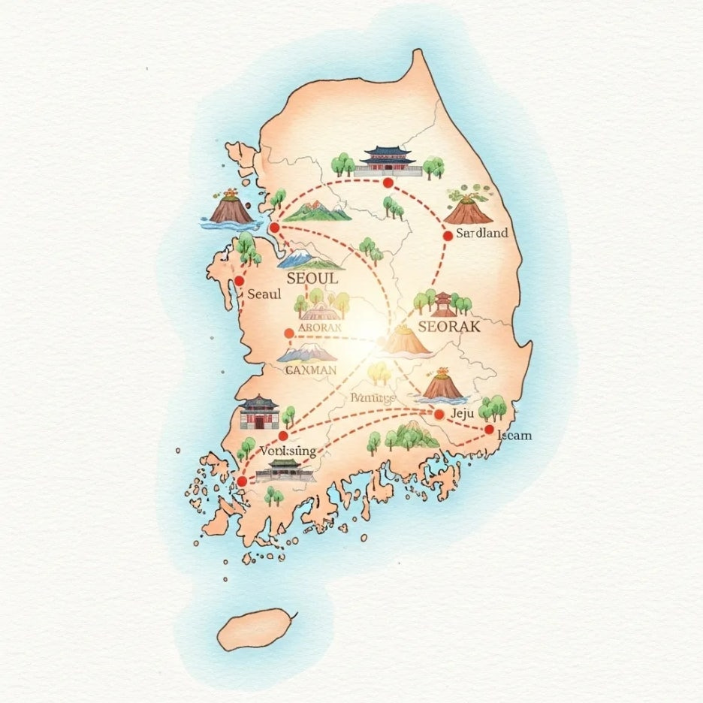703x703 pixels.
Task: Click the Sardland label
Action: pyautogui.click(x=482, y=233)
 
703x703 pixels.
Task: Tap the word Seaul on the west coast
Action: pyautogui.click(x=264, y=294)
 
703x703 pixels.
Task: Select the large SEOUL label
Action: pyautogui.click(x=308, y=278)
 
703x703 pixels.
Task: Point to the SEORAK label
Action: pyautogui.click(x=448, y=327)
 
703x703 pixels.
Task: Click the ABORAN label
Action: pyautogui.click(x=319, y=327)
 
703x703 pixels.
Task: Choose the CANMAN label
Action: pyautogui.click(x=312, y=370)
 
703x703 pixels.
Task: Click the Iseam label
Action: pyautogui.click(x=514, y=436)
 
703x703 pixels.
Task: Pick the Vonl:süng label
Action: pyautogui.click(x=286, y=451)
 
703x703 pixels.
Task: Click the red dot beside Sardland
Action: pyautogui.click(x=448, y=235)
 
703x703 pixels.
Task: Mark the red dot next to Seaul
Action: pyautogui.click(x=240, y=281)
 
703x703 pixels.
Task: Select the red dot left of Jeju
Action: pyautogui.click(x=439, y=414)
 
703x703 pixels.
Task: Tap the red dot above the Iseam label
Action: pyautogui.click(x=490, y=430)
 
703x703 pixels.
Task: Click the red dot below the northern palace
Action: pyautogui.click(x=388, y=183)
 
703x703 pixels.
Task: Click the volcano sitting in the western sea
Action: pyautogui.click(x=231, y=207)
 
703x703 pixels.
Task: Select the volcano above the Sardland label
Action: pyautogui.click(x=468, y=207)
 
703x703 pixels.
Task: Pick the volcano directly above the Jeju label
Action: pyautogui.click(x=442, y=384)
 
